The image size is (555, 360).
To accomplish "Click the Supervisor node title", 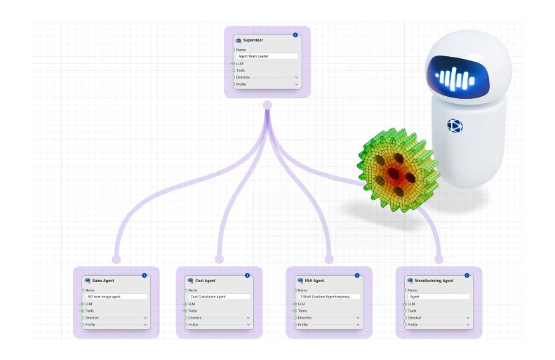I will tap(253, 41).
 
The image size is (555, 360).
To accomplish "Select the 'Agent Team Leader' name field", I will tap(267, 56).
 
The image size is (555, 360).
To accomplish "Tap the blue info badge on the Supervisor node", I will tap(295, 34).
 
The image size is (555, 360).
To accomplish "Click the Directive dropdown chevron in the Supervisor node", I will tap(296, 77).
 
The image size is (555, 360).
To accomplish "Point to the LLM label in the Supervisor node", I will tap(240, 63).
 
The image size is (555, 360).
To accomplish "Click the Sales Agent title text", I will tap(103, 281).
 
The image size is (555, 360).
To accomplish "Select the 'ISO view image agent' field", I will tap(116, 297).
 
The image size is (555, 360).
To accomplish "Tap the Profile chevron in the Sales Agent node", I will tap(145, 325).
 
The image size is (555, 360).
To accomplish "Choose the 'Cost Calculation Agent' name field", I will tap(219, 297).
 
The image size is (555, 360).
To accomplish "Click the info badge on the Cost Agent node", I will tap(247, 275).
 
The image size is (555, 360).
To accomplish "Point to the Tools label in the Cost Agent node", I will tap(192, 311).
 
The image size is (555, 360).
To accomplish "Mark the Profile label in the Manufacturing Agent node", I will tap(413, 325).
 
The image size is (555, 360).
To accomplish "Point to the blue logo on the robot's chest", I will tap(455, 126).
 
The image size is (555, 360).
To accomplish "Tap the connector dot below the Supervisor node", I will tap(267, 105).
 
